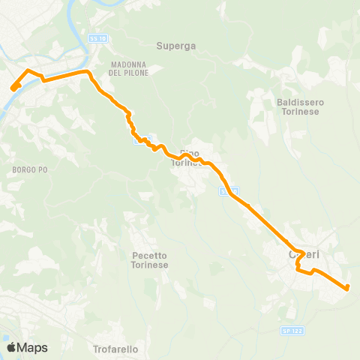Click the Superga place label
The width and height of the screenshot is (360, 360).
[176, 46]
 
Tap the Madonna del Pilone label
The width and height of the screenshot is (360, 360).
[130, 68]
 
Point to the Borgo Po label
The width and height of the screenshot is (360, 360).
[30, 170]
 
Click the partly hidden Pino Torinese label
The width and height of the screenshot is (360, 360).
[187, 157]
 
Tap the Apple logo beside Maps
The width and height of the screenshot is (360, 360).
[11, 347]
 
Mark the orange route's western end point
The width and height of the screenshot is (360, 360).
[13, 88]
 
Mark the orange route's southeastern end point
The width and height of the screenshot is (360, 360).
[347, 287]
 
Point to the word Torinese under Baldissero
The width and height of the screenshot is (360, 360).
[298, 112]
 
